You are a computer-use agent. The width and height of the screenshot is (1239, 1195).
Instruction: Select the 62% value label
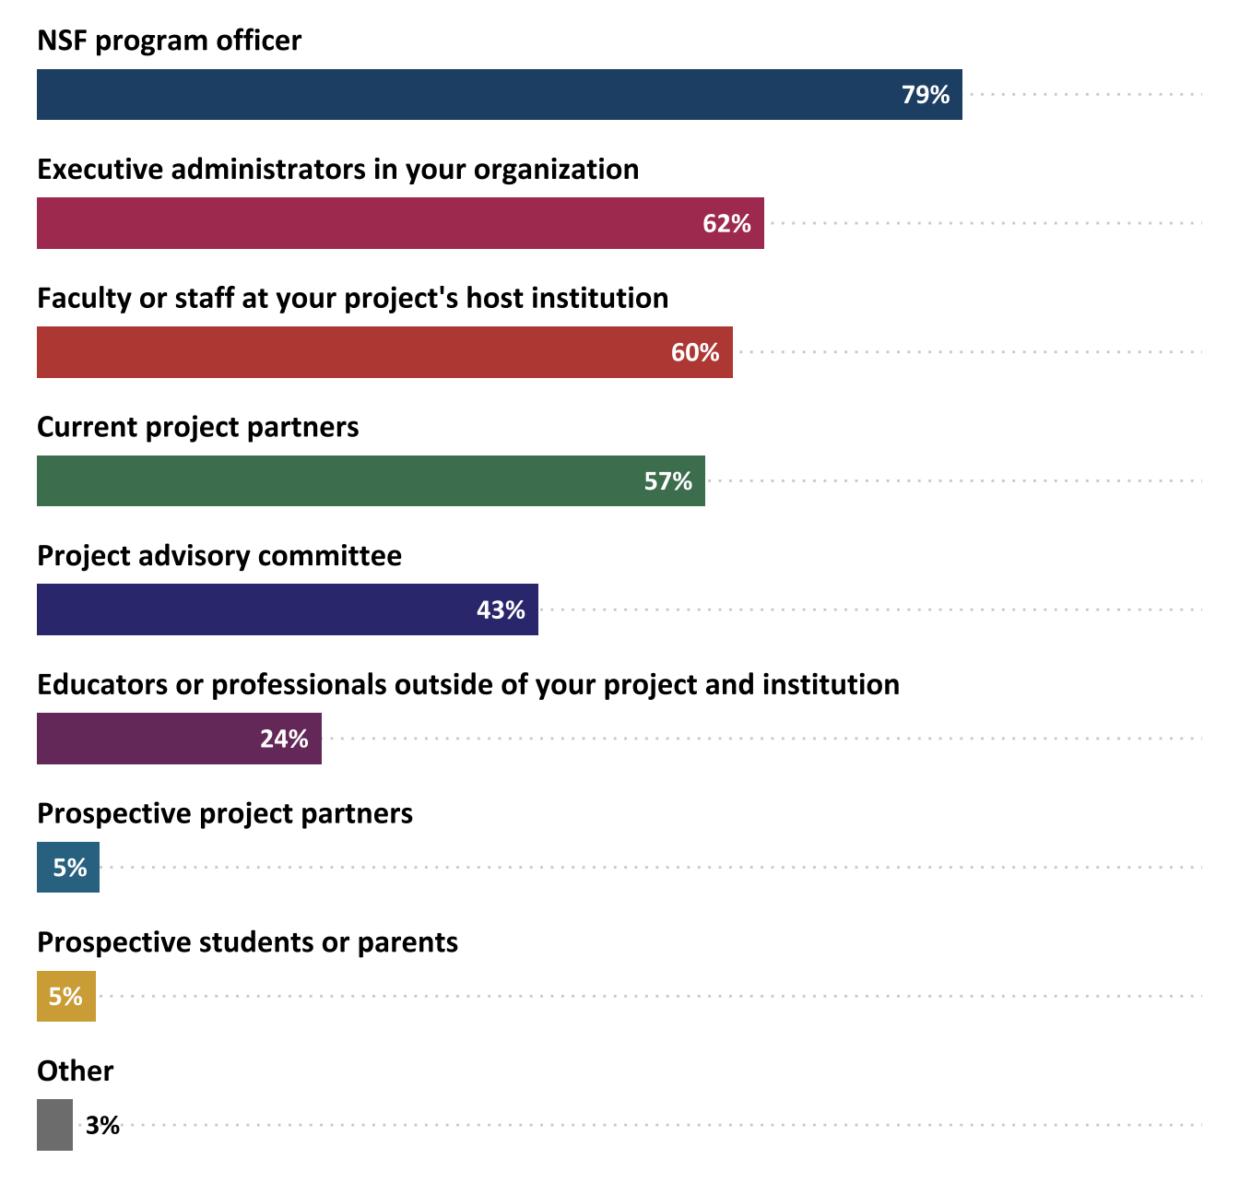click(726, 224)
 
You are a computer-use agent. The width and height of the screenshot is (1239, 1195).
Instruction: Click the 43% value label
click(501, 610)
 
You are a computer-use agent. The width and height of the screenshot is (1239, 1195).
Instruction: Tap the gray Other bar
click(54, 1125)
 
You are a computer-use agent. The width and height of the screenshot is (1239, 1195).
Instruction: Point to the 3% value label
click(102, 1126)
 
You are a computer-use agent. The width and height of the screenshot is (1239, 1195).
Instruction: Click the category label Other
click(75, 1071)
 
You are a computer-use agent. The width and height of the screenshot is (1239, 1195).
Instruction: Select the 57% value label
click(667, 481)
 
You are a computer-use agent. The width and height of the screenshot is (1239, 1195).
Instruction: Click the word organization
click(556, 170)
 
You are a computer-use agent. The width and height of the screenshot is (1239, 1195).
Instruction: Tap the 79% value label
click(925, 95)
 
